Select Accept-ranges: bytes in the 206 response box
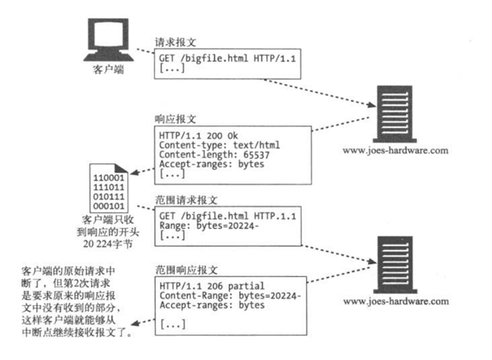(211, 305)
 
